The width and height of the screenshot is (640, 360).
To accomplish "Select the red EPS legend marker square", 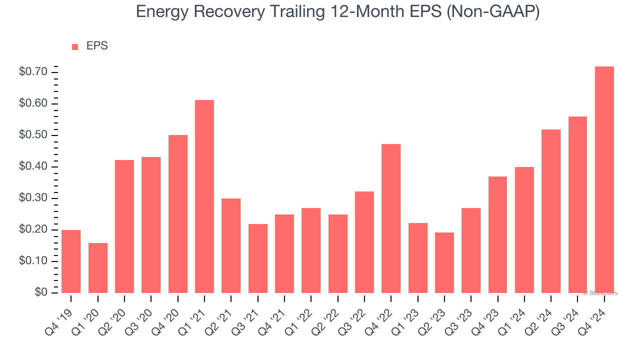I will tap(75, 47).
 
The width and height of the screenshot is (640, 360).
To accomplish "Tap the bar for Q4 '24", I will tap(604, 180).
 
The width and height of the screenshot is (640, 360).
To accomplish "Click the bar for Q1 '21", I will tap(204, 196).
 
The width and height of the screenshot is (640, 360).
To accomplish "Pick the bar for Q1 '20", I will tap(98, 268).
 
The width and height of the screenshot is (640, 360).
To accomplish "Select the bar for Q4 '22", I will tap(391, 218).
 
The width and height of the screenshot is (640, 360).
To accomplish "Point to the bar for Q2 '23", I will tap(444, 262).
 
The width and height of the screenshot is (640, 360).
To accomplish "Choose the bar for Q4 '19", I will tap(71, 261).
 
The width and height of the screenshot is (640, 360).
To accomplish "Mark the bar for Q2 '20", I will tap(124, 226).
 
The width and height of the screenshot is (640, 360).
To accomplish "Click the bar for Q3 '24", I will tap(577, 204).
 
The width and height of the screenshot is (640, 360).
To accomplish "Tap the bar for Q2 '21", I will tap(231, 245).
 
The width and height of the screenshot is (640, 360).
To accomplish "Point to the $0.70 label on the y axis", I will tap(33, 72).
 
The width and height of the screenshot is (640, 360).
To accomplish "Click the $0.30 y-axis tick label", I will tap(33, 198).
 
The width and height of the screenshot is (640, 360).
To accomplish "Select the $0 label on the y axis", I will tap(40, 292).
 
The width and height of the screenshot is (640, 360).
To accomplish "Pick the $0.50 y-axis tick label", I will tap(33, 135).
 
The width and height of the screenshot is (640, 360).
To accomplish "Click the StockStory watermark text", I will tap(600, 293).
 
